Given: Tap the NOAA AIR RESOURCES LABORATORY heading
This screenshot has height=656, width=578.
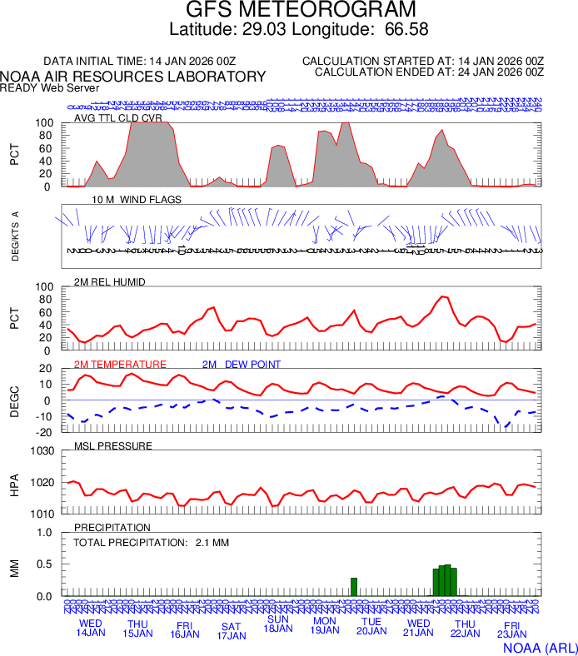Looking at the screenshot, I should (133, 77).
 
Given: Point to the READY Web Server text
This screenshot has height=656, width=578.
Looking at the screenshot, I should (50, 87).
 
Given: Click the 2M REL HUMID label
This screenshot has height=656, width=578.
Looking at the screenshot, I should (110, 282).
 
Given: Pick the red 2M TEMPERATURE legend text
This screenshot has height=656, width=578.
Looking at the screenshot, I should (120, 365).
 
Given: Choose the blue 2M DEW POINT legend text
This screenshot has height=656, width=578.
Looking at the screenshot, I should (242, 365).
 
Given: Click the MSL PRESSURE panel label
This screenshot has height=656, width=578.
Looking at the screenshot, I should (113, 446).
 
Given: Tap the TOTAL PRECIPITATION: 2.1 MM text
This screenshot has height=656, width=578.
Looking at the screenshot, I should (151, 543).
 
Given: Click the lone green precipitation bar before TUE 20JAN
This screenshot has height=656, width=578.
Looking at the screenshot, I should (354, 586).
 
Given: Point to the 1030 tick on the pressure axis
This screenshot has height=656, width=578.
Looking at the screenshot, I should (43, 451).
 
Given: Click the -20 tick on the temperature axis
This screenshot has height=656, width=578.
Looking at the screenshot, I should (46, 432).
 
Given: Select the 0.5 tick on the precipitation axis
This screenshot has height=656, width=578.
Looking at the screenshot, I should (47, 564).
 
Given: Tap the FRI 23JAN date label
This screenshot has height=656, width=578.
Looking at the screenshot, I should (512, 631).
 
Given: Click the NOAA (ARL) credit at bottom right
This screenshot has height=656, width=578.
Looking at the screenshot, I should (539, 646).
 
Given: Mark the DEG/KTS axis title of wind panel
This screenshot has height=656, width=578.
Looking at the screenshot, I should (16, 237).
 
